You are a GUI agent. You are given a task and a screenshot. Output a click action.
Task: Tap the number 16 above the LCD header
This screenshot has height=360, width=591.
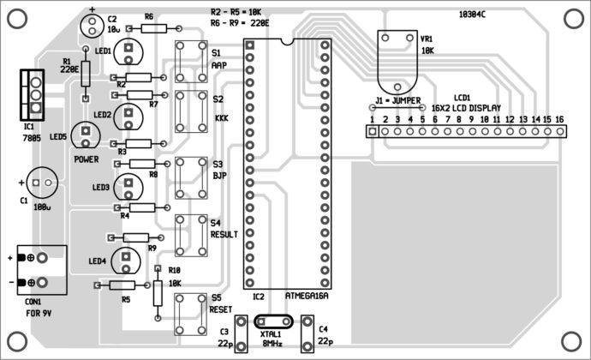[x=559, y=119]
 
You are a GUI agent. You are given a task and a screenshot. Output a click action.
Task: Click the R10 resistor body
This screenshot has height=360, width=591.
[x=158, y=294]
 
